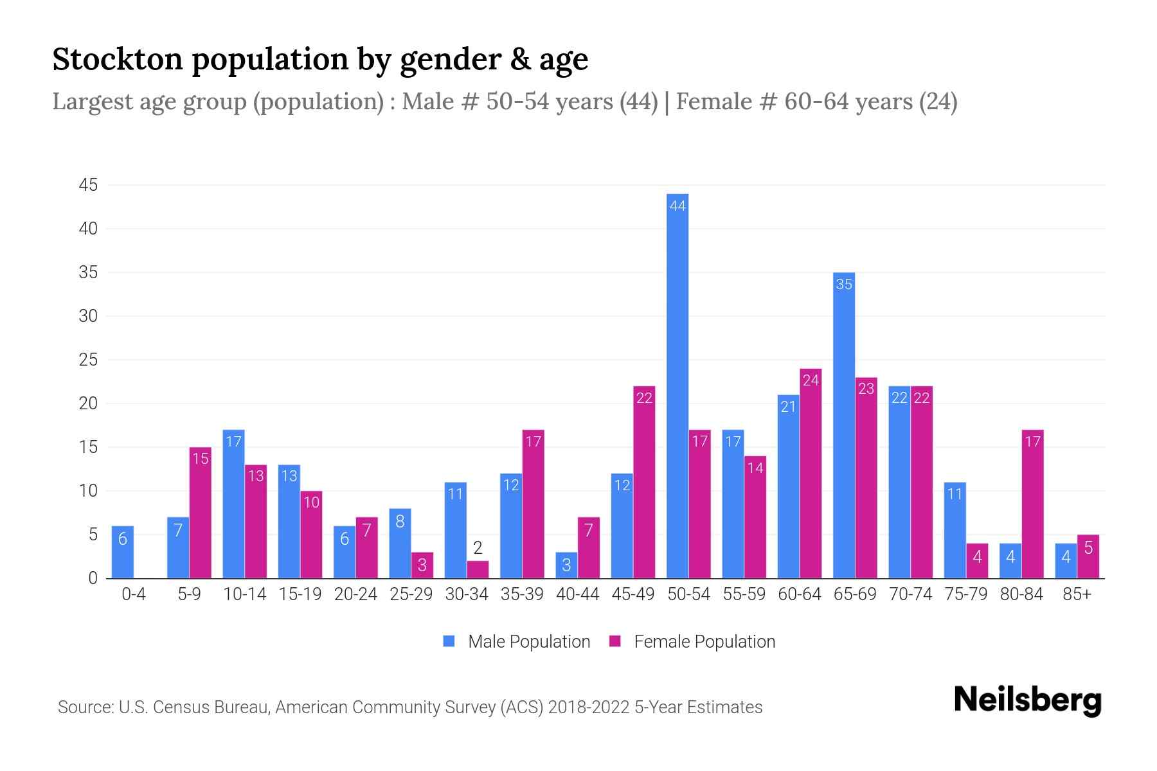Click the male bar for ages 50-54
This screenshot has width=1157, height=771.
[x=677, y=385]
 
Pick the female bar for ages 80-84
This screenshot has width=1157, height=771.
[x=1032, y=504]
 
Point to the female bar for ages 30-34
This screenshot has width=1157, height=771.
[x=478, y=570]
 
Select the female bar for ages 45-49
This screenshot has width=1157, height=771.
[x=644, y=482]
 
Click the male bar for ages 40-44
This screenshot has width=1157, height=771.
[x=566, y=565]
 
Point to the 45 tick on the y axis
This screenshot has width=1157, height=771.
[x=88, y=186]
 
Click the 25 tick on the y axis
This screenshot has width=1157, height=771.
[x=88, y=360]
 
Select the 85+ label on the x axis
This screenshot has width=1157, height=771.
[x=1077, y=594]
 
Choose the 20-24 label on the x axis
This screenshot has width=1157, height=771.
[x=355, y=594]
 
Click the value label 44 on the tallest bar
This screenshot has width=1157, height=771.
[x=677, y=206]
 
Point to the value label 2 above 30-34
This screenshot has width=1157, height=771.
[x=478, y=548]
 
